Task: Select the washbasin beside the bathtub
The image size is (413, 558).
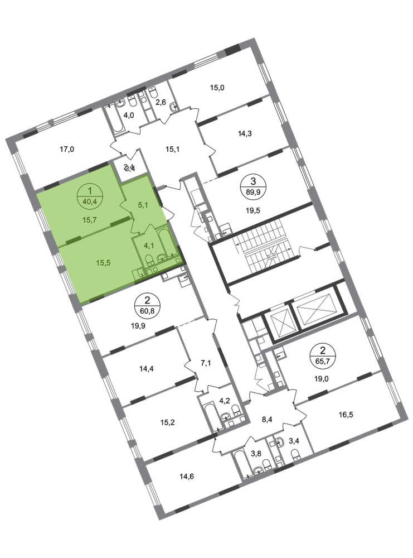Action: point(161,257)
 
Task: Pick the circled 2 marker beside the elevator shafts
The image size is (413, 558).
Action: point(322,353)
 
